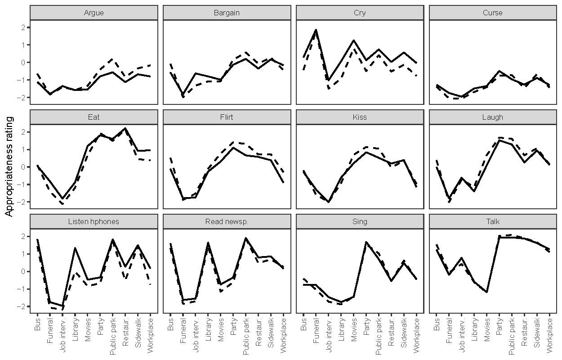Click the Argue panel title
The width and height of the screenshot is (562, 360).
[x=94, y=13]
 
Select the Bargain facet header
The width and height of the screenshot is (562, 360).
[x=227, y=13]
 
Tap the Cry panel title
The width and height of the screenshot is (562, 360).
[x=360, y=13]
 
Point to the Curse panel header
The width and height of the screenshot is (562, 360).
[x=493, y=13]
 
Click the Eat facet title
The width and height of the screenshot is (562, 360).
[x=94, y=117]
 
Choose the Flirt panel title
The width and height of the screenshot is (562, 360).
[x=227, y=117]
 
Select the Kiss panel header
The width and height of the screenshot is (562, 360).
[x=360, y=117]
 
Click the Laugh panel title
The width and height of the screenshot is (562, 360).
[x=493, y=117]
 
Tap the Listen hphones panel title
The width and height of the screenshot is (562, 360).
[x=94, y=221]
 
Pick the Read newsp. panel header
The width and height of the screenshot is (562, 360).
[x=227, y=221]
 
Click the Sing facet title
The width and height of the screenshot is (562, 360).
[x=360, y=221]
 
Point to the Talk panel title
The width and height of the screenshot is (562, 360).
[x=493, y=221]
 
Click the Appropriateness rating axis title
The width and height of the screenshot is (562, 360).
[x=9, y=166]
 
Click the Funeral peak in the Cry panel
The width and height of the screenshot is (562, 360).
[x=316, y=30]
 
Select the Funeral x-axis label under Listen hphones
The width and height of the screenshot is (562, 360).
[x=50, y=332]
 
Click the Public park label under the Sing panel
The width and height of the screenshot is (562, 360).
[x=379, y=336]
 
